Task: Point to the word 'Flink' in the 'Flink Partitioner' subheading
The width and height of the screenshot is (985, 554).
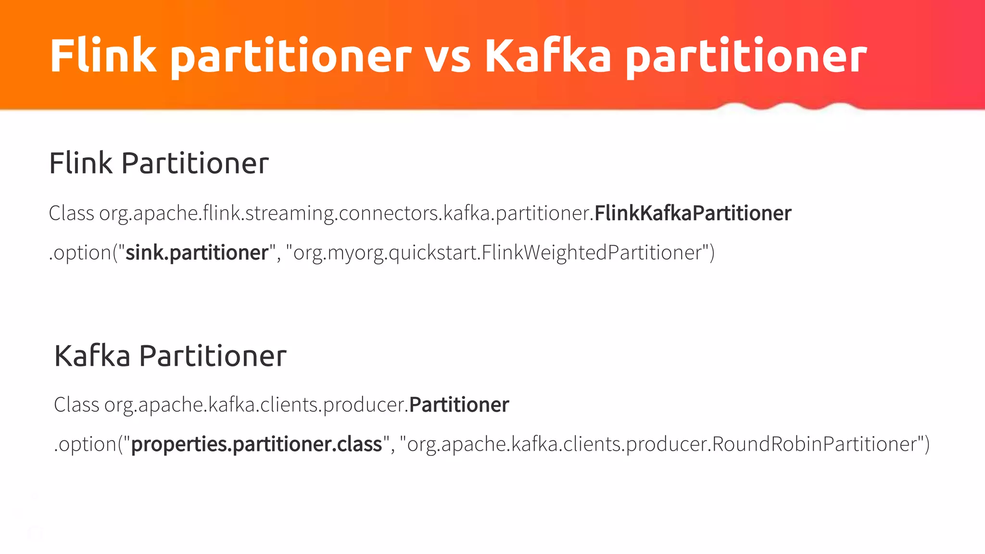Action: point(81,163)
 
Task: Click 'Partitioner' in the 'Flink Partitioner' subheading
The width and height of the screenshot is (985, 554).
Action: point(195,163)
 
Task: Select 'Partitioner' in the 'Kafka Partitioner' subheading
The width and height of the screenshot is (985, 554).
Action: point(213,356)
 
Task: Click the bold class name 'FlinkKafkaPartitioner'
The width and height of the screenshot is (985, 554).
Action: point(693,213)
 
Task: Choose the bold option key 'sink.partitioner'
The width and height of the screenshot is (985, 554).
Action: point(197,252)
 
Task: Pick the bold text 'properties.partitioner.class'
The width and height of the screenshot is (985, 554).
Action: point(256,444)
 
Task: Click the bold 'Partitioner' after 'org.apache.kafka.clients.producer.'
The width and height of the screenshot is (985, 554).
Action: point(459,404)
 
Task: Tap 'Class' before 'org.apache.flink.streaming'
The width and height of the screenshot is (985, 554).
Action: point(71,213)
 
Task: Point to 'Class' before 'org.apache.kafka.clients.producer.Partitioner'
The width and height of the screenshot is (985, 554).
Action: point(76,404)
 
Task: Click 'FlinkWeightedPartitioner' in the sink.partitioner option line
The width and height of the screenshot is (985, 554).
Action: point(592,252)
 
